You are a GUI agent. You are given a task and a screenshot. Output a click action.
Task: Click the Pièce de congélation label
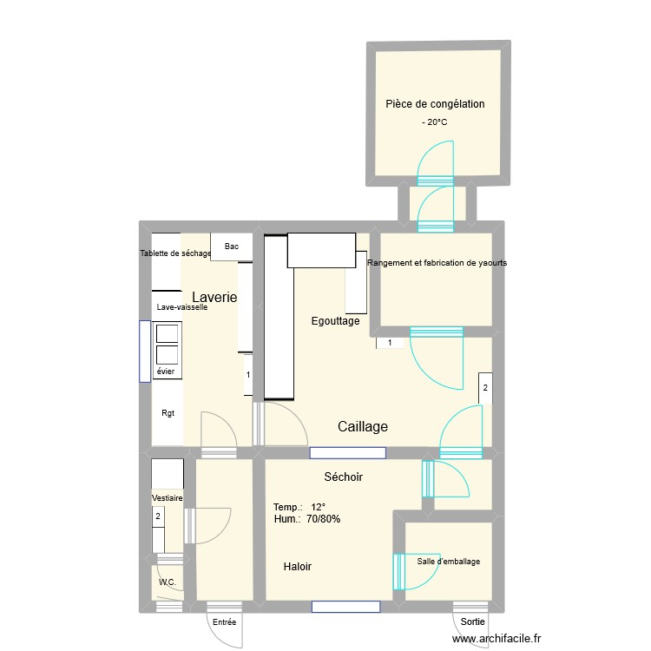[x=435, y=104]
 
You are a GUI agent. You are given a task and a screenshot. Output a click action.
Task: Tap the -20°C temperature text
[x=435, y=122]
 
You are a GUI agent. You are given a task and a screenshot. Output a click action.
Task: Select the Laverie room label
[x=214, y=297]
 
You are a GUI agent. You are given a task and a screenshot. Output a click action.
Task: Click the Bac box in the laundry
[x=232, y=247]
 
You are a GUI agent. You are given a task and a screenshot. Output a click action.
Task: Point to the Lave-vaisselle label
[x=182, y=307]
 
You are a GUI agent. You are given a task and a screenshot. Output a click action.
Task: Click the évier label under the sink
[x=166, y=372]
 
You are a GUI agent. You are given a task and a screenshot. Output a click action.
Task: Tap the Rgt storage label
[x=168, y=413]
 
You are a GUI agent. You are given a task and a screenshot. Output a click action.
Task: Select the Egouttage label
[x=335, y=321]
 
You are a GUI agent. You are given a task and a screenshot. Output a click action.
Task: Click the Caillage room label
[x=363, y=426]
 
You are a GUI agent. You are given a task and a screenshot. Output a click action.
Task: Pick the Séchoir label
[x=344, y=477]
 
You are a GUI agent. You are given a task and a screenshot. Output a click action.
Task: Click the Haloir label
[x=297, y=566]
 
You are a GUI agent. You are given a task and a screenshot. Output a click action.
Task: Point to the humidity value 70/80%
[x=324, y=518]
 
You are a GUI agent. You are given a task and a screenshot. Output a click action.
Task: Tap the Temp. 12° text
[x=299, y=507]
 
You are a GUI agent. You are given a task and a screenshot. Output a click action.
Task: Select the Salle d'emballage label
[x=449, y=562]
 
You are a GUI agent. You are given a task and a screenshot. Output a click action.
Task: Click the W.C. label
[x=168, y=582]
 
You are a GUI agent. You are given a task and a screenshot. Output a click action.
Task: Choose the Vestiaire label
[x=167, y=498]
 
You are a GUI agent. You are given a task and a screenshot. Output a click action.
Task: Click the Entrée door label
[x=224, y=622]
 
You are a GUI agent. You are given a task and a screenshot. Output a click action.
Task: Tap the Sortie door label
[x=472, y=621]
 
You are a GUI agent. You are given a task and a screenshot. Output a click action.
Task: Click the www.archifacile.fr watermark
[x=496, y=638]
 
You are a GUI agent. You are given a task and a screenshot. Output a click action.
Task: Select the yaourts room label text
[x=437, y=263]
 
